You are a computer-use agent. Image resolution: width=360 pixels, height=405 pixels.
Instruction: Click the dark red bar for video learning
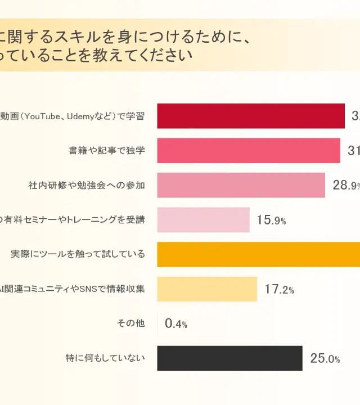coord(250,116)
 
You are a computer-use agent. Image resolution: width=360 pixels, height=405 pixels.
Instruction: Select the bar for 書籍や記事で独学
coord(248,151)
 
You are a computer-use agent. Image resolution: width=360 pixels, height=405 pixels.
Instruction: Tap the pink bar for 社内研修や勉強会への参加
coord(241,185)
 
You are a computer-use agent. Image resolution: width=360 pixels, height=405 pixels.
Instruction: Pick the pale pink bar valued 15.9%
coord(203,220)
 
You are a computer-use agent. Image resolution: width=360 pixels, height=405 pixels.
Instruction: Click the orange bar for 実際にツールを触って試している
coord(258,254)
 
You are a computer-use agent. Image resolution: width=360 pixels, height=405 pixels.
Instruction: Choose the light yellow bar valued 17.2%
coord(207,289)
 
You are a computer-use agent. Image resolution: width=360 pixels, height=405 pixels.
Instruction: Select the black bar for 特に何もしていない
coord(229,358)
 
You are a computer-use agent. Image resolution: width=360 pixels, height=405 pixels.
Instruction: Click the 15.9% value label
coord(271,220)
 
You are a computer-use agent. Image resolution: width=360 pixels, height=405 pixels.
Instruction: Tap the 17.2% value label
coord(279,290)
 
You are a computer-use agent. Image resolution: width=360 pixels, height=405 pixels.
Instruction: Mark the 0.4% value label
coord(176,324)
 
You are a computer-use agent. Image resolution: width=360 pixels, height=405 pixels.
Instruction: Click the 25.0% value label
coord(325,359)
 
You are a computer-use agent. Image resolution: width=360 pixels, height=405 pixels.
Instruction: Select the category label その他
coord(130,323)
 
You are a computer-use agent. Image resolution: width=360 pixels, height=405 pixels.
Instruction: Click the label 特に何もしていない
coord(105,358)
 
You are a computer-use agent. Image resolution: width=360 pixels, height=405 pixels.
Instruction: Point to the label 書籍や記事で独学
coord(107,151)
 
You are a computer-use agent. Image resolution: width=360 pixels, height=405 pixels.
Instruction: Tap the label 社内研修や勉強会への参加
coord(87,185)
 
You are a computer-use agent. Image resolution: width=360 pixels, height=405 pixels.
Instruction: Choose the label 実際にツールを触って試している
coord(78,254)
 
